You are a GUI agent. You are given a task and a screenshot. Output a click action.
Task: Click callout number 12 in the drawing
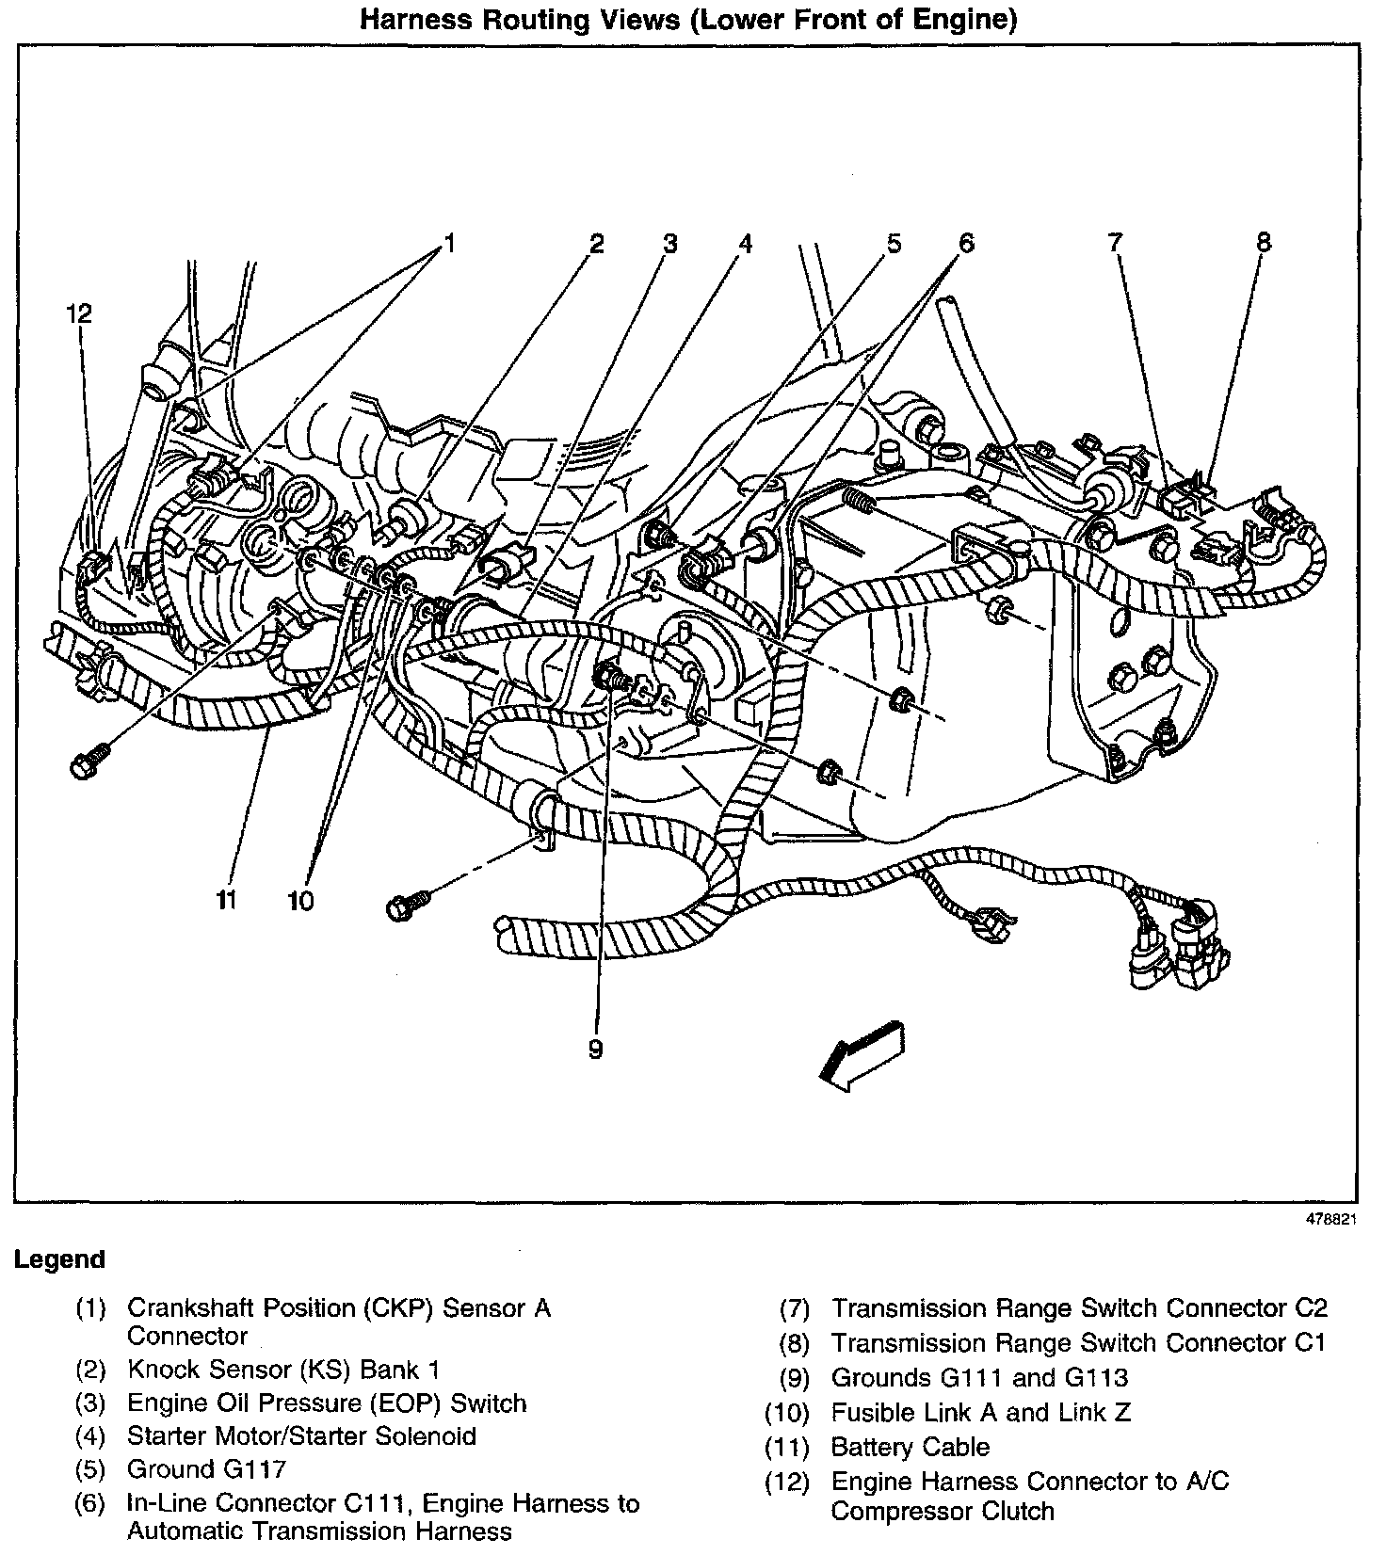pos(80,313)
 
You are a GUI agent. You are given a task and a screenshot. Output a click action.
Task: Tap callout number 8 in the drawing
pos(1263,243)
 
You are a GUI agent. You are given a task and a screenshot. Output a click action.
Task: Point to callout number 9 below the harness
pos(595,1049)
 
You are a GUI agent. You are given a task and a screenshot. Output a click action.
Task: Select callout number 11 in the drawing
pos(225,900)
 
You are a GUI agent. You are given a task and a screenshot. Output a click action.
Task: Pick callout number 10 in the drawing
pos(300,901)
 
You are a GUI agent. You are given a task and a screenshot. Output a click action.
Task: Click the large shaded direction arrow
pos(862,1054)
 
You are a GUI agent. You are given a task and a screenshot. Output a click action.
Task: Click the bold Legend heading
pos(59,1259)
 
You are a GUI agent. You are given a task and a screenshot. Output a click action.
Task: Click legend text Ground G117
pos(206,1469)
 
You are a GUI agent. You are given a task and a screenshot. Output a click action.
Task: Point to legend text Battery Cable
pos(910,1447)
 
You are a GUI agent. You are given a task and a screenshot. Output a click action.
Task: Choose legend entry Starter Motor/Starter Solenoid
pos(301,1436)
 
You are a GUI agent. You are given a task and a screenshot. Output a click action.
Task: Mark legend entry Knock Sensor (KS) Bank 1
pos(283,1371)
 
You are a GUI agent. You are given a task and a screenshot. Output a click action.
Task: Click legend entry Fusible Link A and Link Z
pos(980,1413)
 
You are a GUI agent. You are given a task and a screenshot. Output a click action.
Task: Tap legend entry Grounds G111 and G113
pos(979,1378)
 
